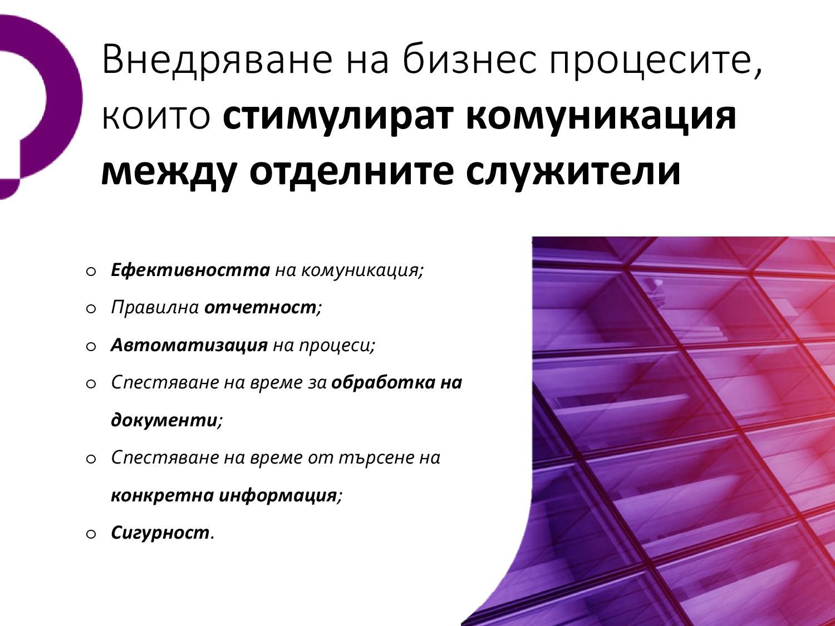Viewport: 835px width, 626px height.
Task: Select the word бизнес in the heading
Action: (x=468, y=60)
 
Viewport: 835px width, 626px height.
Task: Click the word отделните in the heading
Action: (x=351, y=172)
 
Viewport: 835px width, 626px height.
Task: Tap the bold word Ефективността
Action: (x=190, y=270)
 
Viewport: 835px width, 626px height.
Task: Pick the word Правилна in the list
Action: (x=155, y=307)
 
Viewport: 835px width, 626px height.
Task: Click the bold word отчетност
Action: (x=260, y=308)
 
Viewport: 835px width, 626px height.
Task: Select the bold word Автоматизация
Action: (x=189, y=345)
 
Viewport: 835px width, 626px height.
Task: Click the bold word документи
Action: (x=164, y=420)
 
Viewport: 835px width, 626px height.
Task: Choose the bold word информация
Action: (x=278, y=495)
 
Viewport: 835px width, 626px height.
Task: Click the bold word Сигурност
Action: (x=160, y=533)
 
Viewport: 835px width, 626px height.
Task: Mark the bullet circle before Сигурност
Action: (x=91, y=534)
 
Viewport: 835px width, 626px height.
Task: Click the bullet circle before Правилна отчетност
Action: (x=91, y=309)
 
